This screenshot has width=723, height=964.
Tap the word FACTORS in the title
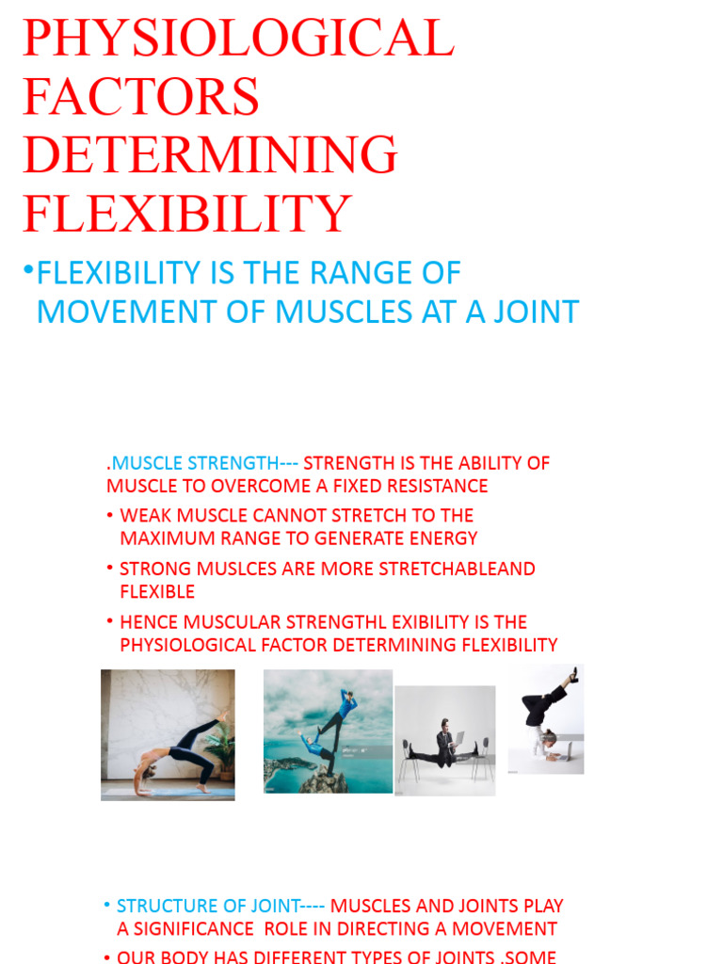[141, 97]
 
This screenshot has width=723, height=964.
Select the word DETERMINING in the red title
[211, 155]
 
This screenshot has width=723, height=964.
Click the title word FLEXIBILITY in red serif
[187, 214]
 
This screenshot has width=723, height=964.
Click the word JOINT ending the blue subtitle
[532, 312]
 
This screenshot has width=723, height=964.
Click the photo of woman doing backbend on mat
[168, 734]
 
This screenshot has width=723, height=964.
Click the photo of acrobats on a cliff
[328, 731]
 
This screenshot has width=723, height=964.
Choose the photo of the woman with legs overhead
[546, 720]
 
